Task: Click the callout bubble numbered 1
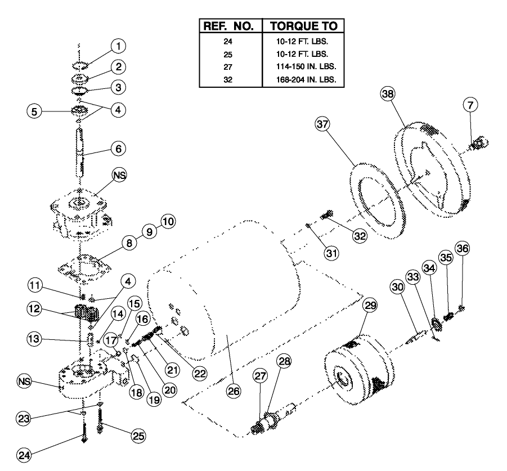[x=118, y=46]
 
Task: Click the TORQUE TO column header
[x=304, y=26]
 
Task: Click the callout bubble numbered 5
[x=35, y=111]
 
